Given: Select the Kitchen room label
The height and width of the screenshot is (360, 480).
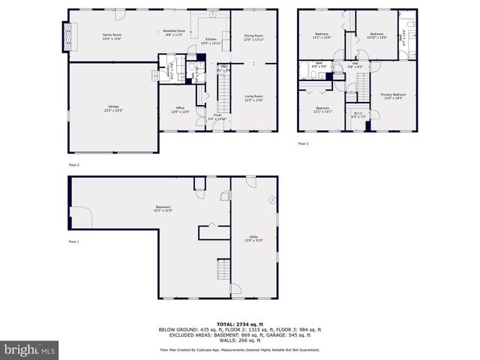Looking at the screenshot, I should (211, 41).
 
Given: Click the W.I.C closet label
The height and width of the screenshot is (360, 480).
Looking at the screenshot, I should (358, 115).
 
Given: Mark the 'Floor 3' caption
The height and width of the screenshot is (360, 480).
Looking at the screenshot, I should (303, 143).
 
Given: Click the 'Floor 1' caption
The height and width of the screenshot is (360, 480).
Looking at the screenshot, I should (73, 241).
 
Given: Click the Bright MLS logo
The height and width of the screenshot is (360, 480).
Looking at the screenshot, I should (30, 349).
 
